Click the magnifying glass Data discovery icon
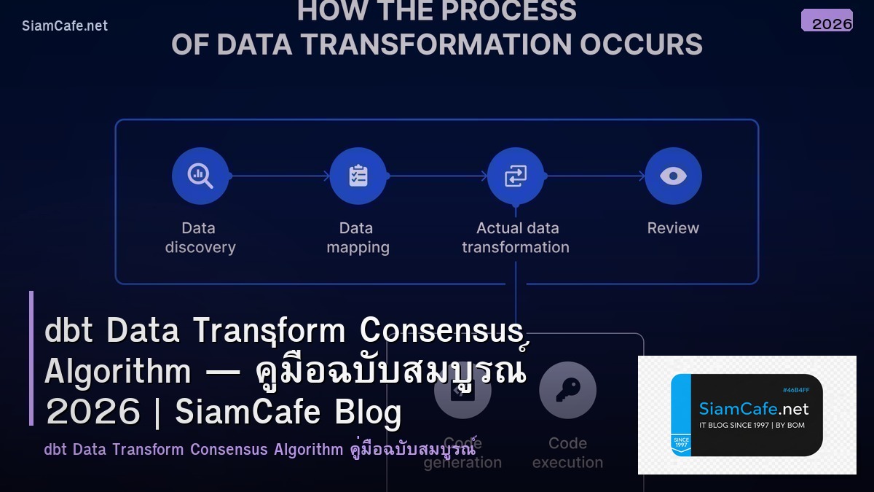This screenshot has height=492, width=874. [200, 176]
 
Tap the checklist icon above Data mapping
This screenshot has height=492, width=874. [358, 176]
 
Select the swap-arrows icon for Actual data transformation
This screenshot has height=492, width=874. [516, 176]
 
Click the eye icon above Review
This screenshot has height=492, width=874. [673, 176]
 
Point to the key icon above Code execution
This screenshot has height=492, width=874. [567, 390]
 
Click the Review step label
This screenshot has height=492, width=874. [673, 228]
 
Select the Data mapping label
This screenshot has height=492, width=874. [358, 238]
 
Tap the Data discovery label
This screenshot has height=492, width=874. [200, 238]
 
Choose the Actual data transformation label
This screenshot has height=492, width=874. [516, 238]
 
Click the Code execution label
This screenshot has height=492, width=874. [567, 453]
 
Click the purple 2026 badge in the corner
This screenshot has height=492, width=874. [827, 21]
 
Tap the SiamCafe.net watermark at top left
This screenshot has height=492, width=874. [65, 26]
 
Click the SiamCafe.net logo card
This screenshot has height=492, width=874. [747, 415]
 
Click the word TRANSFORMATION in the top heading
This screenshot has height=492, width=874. [436, 44]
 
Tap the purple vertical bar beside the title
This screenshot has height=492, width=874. [31, 358]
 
